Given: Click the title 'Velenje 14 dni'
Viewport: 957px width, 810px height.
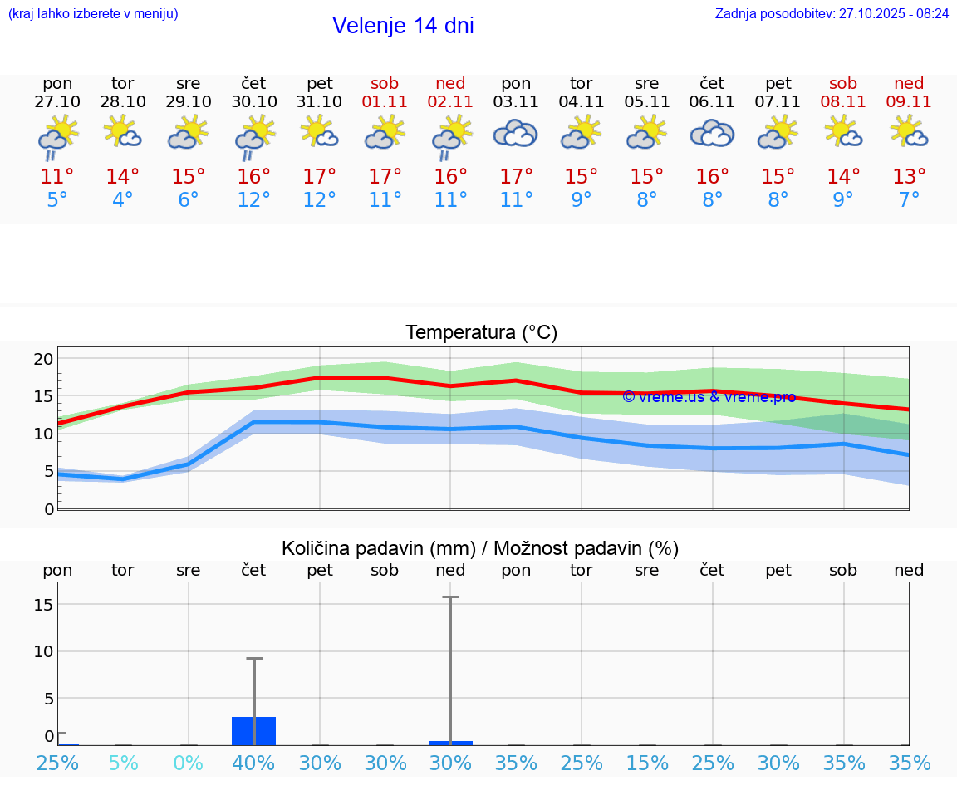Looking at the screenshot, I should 403,26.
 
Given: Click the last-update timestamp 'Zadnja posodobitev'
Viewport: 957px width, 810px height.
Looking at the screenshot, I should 832,14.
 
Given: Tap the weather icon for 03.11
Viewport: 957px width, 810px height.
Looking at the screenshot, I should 516,134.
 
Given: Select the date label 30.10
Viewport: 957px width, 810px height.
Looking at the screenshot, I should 254,102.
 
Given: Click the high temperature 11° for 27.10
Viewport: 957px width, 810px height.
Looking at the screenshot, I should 57,177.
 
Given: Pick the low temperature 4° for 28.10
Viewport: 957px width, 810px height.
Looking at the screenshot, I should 123,200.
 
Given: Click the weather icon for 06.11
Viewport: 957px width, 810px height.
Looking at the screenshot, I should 712,134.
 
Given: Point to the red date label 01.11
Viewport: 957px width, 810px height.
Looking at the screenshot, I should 385,102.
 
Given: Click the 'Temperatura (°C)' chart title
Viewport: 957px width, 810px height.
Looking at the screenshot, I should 481,333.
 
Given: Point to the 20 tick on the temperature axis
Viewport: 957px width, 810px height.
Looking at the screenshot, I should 43,359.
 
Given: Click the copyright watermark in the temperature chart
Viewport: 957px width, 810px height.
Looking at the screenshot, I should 709,397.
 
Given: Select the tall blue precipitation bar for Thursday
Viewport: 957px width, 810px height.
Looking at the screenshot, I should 254,731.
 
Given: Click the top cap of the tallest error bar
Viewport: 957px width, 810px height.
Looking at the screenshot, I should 450,596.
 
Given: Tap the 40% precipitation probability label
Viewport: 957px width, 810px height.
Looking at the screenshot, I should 254,763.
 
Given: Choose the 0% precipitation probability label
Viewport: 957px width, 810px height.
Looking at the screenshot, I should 189,763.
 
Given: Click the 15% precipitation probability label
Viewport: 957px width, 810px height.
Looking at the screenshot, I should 647,763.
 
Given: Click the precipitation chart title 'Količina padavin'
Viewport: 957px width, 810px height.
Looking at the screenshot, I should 480,548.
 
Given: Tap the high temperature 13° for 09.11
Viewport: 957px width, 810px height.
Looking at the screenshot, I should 909,177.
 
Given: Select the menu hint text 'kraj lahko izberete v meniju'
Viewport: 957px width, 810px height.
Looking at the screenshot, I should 93,14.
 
